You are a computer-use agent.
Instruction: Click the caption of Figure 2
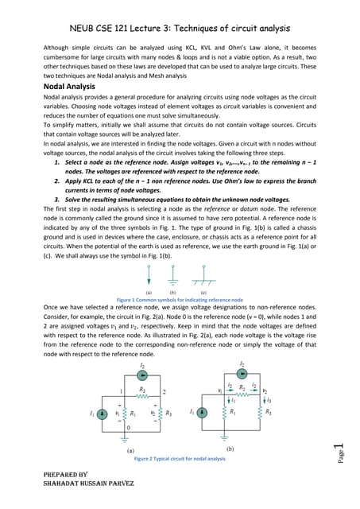[x=180, y=459]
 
